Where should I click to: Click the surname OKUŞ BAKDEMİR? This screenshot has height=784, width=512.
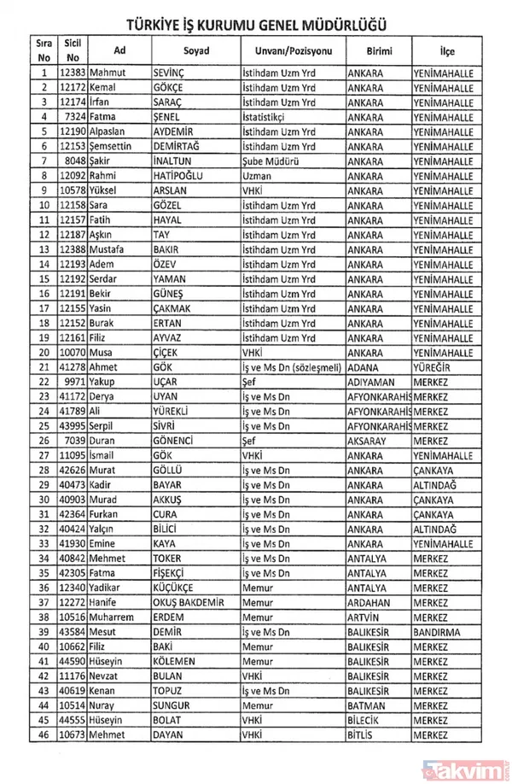pos(191,602)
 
